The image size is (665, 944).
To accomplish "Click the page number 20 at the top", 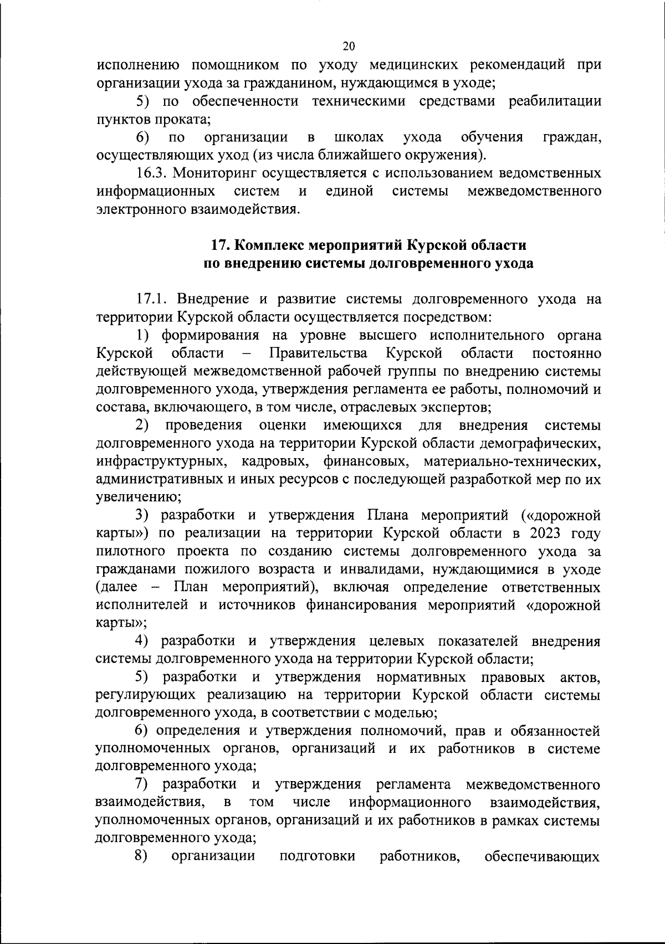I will [349, 46].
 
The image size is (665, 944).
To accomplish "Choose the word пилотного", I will [130, 552].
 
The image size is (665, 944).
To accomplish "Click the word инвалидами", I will [384, 570].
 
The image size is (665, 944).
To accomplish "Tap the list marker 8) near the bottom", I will [141, 856].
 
